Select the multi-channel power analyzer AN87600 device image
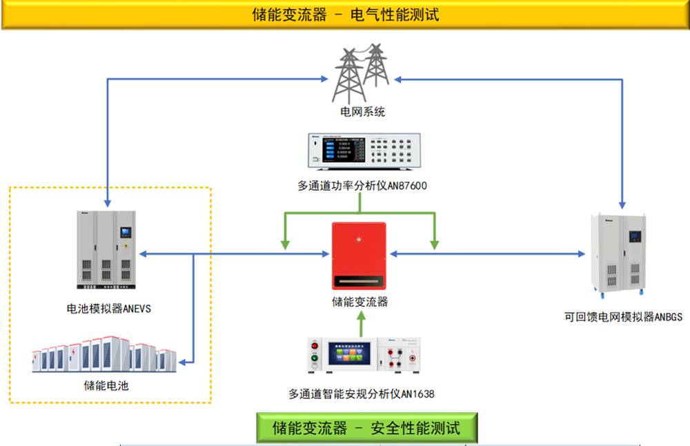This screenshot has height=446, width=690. (x=361, y=151)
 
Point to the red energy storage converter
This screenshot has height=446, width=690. (x=359, y=255)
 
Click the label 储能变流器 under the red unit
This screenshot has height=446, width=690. (x=359, y=302)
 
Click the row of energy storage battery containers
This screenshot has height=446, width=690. (x=103, y=355)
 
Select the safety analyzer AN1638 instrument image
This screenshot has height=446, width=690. (x=364, y=356)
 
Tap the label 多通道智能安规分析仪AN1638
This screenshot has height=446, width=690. (x=362, y=394)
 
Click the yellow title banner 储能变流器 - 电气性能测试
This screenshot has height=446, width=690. (x=345, y=14)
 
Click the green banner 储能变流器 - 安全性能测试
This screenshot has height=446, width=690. (x=366, y=427)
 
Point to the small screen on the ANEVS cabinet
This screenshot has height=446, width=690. (x=125, y=231)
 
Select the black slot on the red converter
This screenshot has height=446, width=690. (x=359, y=282)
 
